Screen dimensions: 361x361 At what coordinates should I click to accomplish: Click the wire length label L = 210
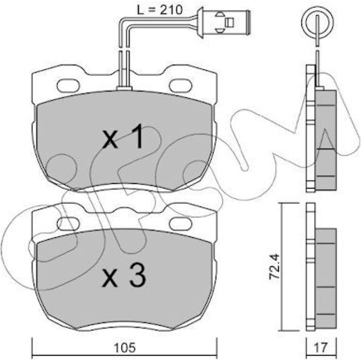point(159,10)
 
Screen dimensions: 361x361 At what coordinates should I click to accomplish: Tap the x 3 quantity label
point(124,275)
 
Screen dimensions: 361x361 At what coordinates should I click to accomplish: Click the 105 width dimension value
point(125,348)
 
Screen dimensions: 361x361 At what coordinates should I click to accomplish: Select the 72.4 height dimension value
point(275,267)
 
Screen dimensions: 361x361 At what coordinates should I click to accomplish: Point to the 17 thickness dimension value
point(320,348)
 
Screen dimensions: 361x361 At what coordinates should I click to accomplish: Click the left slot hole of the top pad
point(69,85)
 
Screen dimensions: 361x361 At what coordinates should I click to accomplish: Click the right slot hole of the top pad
point(180,85)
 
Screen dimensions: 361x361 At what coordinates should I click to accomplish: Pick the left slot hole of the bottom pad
point(68,224)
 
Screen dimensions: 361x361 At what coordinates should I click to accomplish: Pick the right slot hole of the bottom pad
point(180,224)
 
